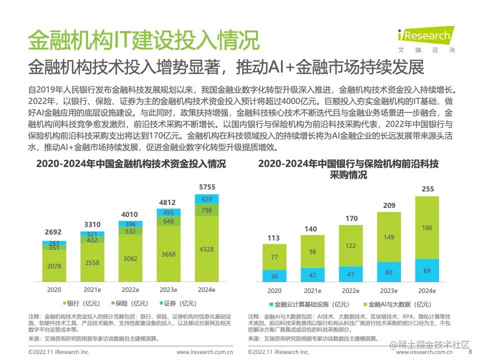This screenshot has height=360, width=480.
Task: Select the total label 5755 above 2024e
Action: [x=207, y=187]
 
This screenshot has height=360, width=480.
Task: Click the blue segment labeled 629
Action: [x=207, y=199]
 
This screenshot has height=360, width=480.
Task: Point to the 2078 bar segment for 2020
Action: [x=54, y=266]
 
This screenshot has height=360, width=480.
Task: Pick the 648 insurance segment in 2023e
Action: [x=168, y=221]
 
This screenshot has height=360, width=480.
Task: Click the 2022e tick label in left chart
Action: [x=130, y=289]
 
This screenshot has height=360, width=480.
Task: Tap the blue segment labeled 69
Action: [x=427, y=270]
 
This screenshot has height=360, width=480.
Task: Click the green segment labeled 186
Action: [x=427, y=227]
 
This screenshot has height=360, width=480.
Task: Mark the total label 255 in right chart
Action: [x=427, y=189]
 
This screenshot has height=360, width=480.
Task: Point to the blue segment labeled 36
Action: [x=274, y=276]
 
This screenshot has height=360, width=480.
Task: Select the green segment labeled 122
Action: [x=351, y=245]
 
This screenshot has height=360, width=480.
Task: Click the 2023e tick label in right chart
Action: [x=389, y=290]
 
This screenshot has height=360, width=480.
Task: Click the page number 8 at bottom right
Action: [x=469, y=352]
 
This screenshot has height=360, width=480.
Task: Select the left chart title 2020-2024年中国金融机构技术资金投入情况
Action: [x=130, y=164]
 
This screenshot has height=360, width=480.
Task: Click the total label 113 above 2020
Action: [x=274, y=238]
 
